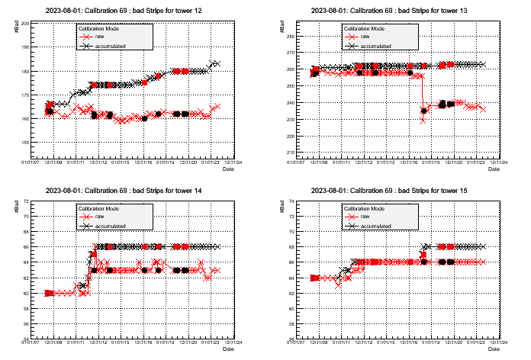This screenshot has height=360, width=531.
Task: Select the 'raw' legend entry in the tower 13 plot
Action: (x=366, y=36)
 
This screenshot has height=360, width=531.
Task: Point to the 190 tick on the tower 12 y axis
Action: (x=25, y=47)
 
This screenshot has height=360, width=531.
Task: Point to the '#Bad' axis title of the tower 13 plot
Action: (x=282, y=27)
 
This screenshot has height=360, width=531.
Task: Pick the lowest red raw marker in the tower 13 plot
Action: (x=423, y=120)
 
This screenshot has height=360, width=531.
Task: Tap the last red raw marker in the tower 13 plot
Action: (x=482, y=109)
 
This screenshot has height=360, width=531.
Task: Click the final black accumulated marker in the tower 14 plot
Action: (x=216, y=246)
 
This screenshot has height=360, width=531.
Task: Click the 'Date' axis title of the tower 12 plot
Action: (x=228, y=170)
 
